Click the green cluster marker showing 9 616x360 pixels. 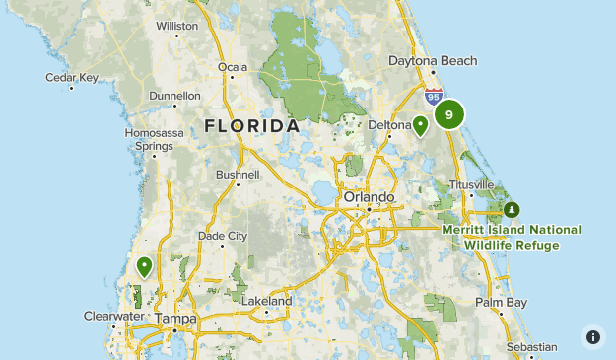pos(449,115)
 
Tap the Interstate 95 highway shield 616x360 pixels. pos(434,96)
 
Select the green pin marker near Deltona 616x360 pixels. pos(420,125)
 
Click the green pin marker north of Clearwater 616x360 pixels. pos(145,265)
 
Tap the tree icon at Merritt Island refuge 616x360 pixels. pos(511,210)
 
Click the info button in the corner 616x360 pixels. pos(592,336)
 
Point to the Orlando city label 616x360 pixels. pos(369,197)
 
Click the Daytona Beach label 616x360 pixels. pos(432,61)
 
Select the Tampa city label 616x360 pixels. pos(176,320)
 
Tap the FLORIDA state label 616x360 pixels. pos(252,126)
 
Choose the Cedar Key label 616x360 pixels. pos(72,76)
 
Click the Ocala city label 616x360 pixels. pos(233,67)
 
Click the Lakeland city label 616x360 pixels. pos(267,301)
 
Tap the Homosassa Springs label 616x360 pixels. pos(149,139)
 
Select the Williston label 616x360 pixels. pos(176,25)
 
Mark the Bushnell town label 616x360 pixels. pos(238,175)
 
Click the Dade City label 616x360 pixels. pos(223,236)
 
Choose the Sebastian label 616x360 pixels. pos(530,347)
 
